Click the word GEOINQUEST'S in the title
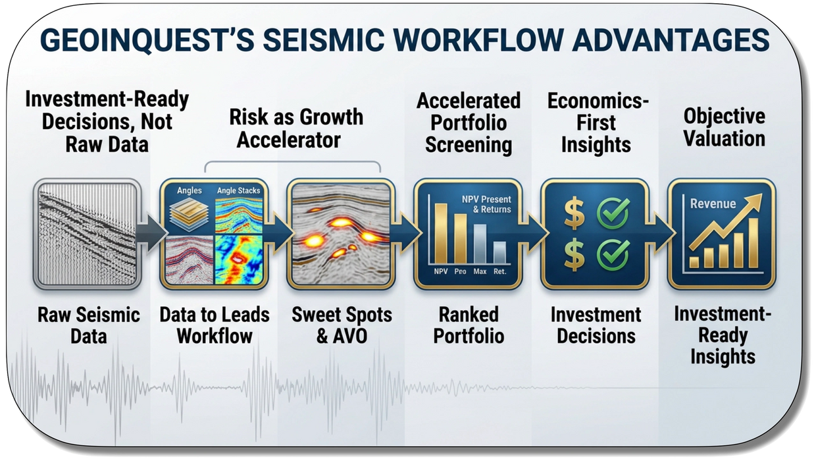tap(147, 40)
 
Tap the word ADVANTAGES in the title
tap(671, 40)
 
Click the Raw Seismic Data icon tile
tap(87, 234)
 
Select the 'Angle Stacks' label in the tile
tap(239, 190)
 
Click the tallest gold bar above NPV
tap(441, 233)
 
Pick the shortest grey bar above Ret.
tap(499, 252)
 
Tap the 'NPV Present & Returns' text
tap(486, 204)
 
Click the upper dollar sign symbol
tap(574, 213)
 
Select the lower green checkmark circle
tap(613, 254)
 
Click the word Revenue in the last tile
tap(713, 203)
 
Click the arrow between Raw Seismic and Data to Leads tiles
tap(151, 233)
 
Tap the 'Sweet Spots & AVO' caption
tap(342, 325)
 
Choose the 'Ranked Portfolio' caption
tap(469, 325)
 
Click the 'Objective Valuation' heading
tap(724, 127)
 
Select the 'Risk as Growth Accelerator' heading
tap(296, 128)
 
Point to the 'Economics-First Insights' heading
tap(598, 122)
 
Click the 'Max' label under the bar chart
tap(480, 271)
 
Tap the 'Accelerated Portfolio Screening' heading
tap(469, 122)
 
